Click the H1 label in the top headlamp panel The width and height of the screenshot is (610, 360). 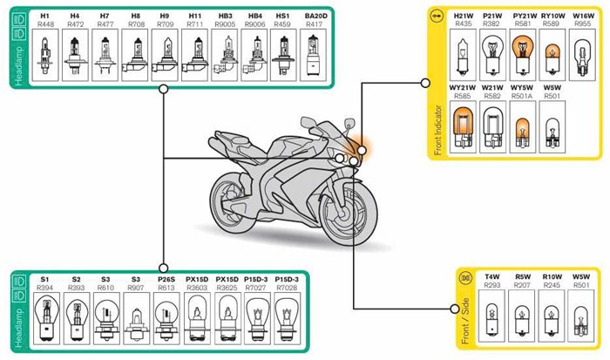click(x=45, y=17)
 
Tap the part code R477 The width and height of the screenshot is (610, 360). click(x=105, y=26)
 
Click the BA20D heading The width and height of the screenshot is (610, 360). click(x=313, y=17)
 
